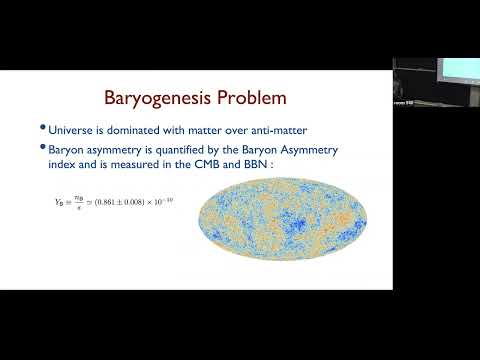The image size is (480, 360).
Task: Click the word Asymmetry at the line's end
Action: pos(333,149)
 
